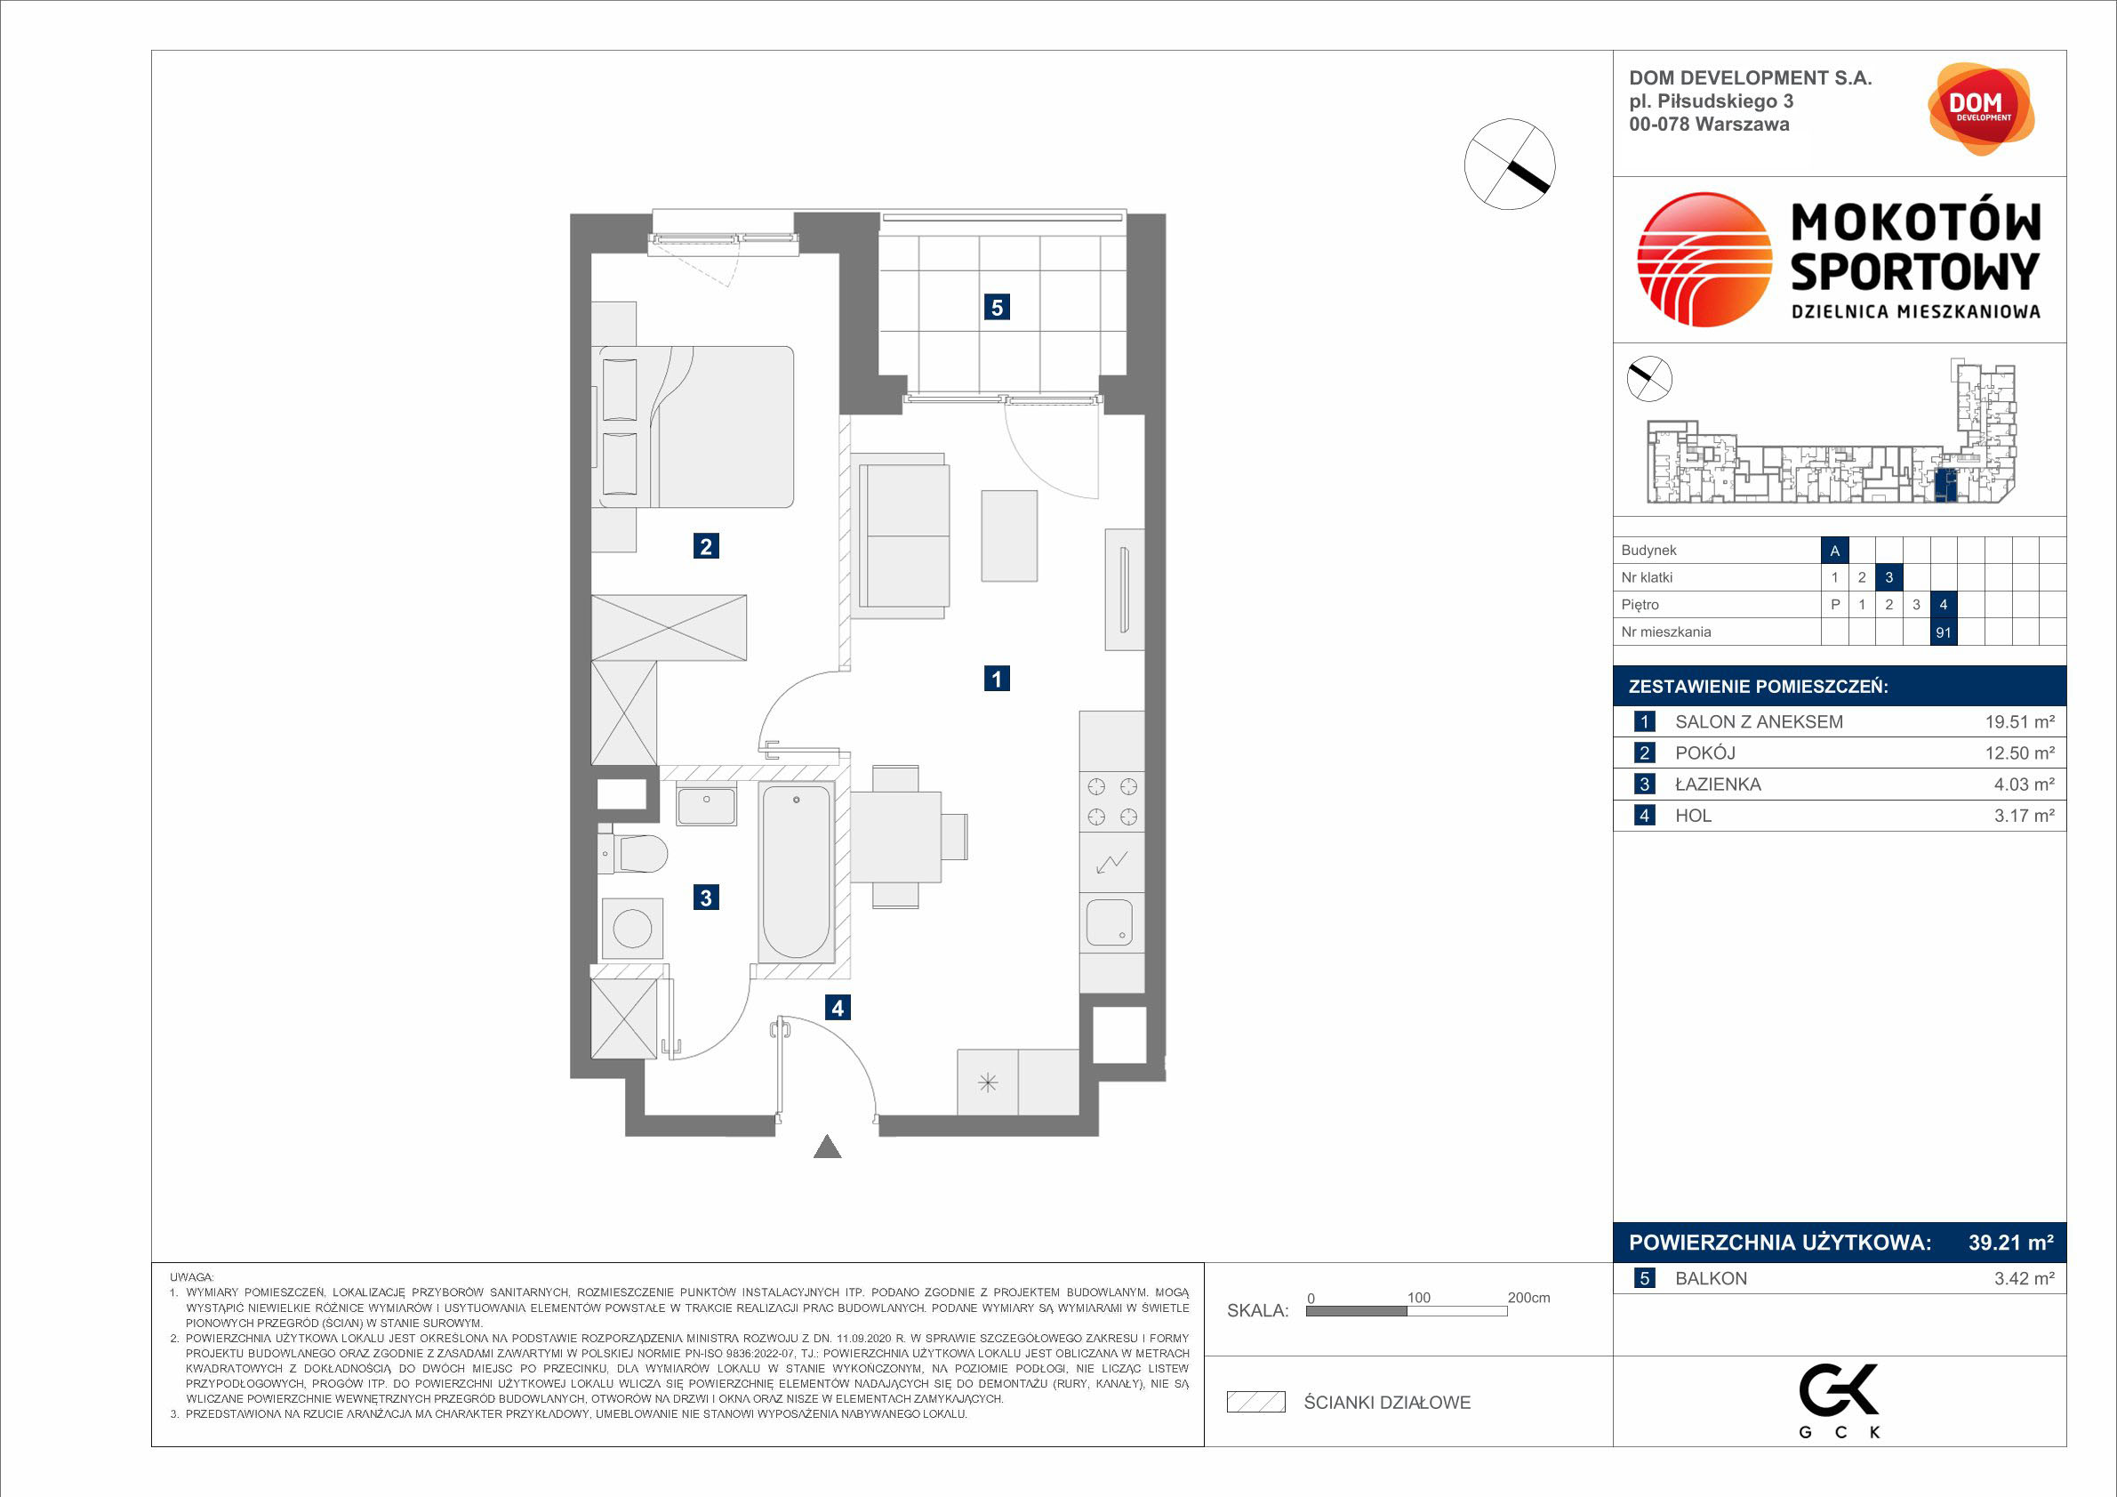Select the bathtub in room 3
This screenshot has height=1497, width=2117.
click(795, 872)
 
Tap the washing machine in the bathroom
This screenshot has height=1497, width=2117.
click(632, 928)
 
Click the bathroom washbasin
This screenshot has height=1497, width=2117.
click(706, 805)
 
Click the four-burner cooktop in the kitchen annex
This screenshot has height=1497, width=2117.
click(1112, 801)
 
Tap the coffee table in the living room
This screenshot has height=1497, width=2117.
click(1009, 535)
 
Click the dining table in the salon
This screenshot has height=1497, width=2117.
click(895, 838)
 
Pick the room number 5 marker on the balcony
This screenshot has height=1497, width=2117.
click(997, 307)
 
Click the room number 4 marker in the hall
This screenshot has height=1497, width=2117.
click(838, 1008)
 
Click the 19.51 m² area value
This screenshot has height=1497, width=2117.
click(2019, 722)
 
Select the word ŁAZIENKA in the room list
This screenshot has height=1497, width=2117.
click(1718, 784)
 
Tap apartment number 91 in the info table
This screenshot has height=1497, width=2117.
click(1943, 632)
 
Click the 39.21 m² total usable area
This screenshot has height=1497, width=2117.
click(2011, 1243)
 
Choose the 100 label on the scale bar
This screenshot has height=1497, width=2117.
click(1418, 1298)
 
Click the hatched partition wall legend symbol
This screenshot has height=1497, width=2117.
click(1255, 1403)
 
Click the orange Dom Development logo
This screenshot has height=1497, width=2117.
click(1981, 109)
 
